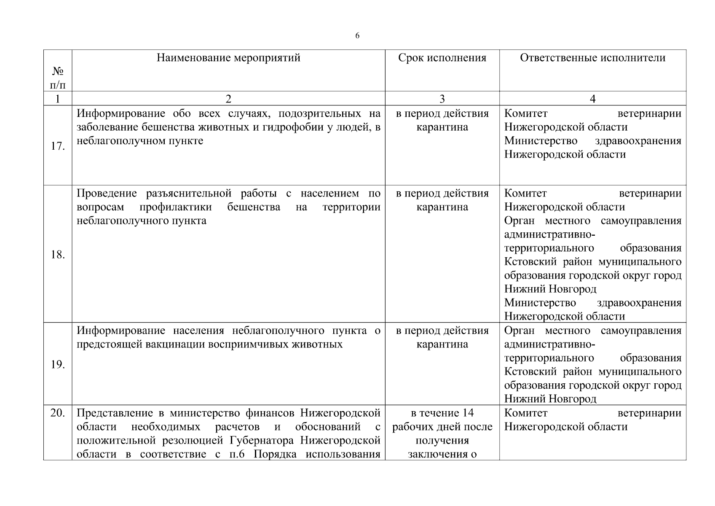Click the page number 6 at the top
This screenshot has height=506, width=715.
pyautogui.click(x=357, y=36)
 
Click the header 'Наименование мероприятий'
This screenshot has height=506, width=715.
pyautogui.click(x=228, y=58)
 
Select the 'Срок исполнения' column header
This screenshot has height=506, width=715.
pyautogui.click(x=442, y=58)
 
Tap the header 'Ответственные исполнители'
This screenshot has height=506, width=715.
pyautogui.click(x=592, y=58)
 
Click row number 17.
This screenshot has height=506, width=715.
pyautogui.click(x=58, y=146)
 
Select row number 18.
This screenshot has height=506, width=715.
pyautogui.click(x=58, y=255)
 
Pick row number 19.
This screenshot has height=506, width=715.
pyautogui.click(x=58, y=364)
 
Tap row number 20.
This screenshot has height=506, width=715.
pyautogui.click(x=58, y=413)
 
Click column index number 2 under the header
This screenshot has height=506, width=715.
pyautogui.click(x=228, y=99)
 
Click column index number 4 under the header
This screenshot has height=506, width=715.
pyautogui.click(x=592, y=99)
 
